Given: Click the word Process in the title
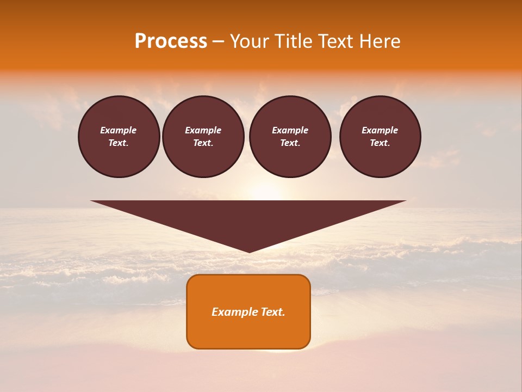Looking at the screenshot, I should [x=171, y=41].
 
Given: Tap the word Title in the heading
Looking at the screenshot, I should [x=292, y=41].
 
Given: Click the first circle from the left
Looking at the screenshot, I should [x=119, y=136].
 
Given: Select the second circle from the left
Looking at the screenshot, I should [x=203, y=136].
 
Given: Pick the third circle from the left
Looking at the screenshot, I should [x=290, y=136].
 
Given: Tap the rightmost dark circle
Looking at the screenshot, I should [x=380, y=136].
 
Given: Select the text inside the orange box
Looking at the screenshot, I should [x=248, y=312].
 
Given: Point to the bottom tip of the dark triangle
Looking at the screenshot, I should [x=249, y=252].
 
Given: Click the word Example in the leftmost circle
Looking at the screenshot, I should [x=119, y=130].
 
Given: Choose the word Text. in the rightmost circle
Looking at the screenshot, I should [x=380, y=143].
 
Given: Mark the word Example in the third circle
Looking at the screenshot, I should [x=290, y=130].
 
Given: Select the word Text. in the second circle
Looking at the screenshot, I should [x=203, y=143].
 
